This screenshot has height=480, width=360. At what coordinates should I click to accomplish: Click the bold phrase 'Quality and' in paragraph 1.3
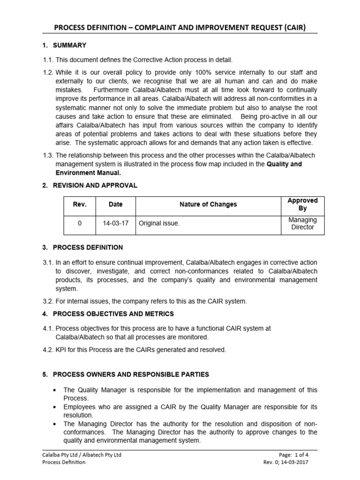pos(285,165)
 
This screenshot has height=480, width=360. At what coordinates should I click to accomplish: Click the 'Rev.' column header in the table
pos(79,204)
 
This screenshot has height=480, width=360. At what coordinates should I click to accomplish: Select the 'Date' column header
pos(115,204)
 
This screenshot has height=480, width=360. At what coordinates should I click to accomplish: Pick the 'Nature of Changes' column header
pos(208,204)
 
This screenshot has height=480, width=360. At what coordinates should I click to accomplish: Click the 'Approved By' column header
pos(302,204)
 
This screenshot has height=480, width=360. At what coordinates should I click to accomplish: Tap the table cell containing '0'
pos(79,224)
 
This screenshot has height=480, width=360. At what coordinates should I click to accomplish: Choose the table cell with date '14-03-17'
pos(115,224)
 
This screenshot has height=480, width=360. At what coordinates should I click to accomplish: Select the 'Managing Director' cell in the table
pos(302,224)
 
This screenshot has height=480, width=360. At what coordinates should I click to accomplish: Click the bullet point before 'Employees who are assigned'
pos(55,407)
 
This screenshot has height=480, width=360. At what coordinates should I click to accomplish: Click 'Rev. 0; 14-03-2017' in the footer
pos(286,462)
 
